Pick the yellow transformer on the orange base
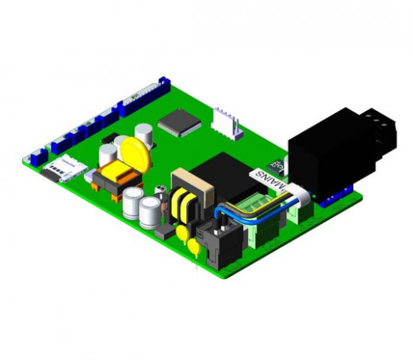pos(115,173)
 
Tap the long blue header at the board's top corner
pos(143,97)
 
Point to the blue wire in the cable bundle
pos(239,210)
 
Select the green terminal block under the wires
pos(263,214)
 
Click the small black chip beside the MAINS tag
pos(276,166)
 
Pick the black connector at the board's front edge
pos(214,240)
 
